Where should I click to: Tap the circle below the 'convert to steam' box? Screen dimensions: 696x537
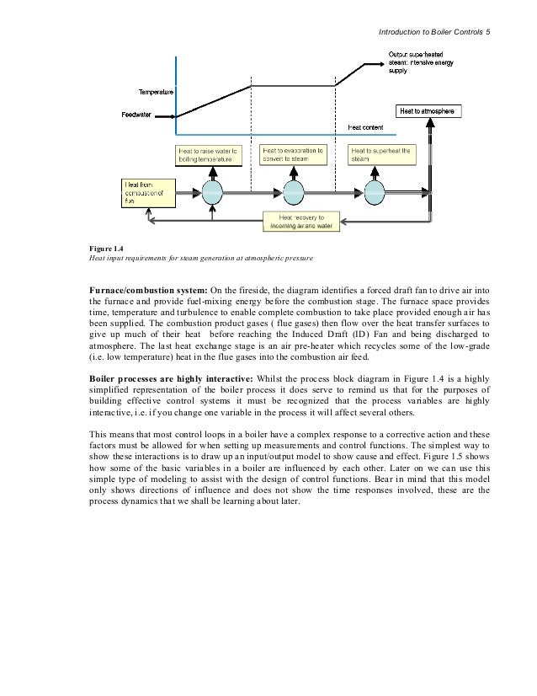click(294, 192)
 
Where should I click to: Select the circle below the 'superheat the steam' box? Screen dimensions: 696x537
click(376, 192)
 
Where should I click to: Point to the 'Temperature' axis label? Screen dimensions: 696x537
click(155, 90)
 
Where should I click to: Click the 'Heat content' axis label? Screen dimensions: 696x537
click(366, 127)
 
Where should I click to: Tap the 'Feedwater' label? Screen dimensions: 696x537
click(138, 115)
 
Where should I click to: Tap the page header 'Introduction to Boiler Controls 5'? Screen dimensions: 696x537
click(433, 32)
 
